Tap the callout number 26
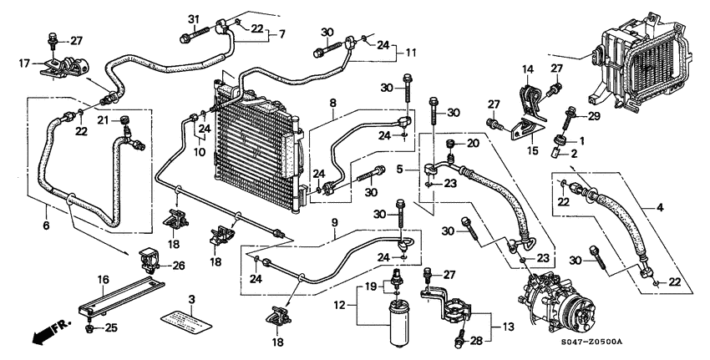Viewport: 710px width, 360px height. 177,266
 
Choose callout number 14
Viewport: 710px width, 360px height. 527,68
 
